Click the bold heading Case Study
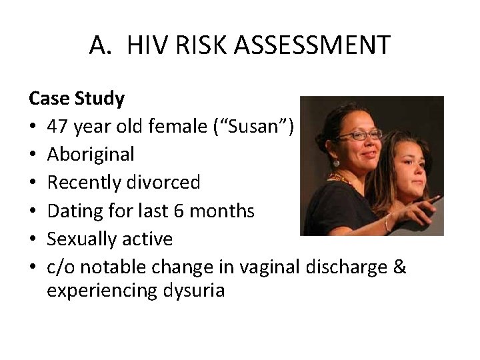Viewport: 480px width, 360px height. tap(76, 99)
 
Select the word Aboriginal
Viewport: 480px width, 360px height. tap(90, 155)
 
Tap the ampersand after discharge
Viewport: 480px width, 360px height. tap(399, 267)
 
